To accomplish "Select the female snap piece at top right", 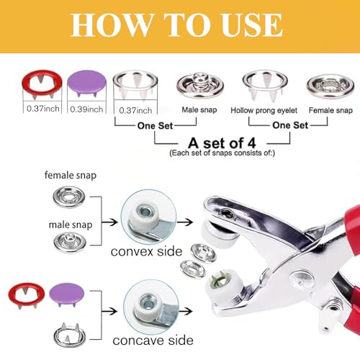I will [329, 86].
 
